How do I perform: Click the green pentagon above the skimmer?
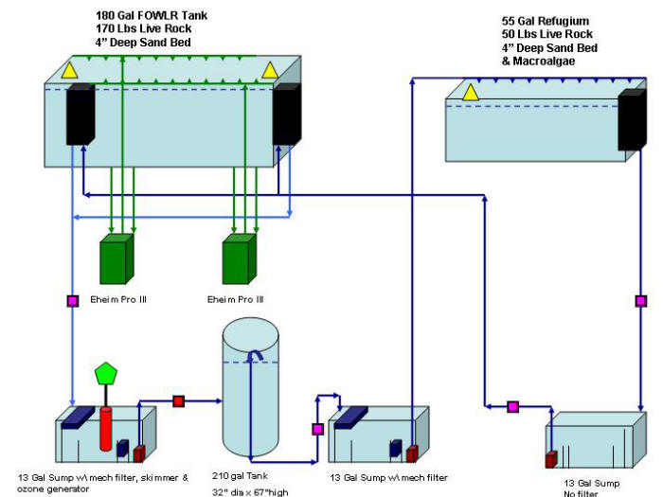(106, 374)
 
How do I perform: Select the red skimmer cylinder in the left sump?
(106, 429)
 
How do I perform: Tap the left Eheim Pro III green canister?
(116, 258)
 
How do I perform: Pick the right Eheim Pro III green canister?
(240, 258)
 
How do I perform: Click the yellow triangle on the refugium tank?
(470, 93)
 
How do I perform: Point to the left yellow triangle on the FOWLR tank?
(69, 70)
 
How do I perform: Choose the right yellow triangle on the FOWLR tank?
(270, 70)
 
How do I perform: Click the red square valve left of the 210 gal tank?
(179, 401)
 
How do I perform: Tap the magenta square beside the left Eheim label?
(73, 301)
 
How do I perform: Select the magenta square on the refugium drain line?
(641, 301)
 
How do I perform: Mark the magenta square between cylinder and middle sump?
(318, 430)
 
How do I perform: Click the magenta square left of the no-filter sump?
(513, 407)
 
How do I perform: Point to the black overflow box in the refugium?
(632, 119)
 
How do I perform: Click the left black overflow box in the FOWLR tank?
(81, 115)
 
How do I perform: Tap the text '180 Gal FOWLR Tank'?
(152, 16)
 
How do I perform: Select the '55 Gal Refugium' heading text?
(546, 21)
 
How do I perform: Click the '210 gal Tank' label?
(240, 476)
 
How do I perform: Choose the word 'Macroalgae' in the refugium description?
(544, 62)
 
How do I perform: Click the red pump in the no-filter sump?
(551, 459)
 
